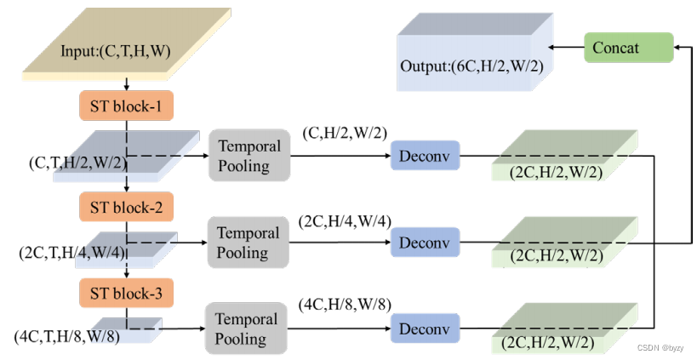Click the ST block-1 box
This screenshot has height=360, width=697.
126,106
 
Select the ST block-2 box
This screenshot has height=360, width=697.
126,206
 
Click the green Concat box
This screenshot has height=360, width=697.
628,48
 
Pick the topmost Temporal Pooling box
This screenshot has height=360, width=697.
249,156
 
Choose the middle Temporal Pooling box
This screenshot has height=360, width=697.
249,243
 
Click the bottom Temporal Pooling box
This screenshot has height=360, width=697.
246,329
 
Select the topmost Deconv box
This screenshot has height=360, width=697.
425,156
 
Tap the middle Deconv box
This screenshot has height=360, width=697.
425,243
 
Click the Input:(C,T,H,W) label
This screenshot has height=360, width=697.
116,52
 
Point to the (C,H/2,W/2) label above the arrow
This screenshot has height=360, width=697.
345,133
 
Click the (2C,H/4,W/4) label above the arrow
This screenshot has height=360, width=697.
345,220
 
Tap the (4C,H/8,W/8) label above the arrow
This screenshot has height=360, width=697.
345,304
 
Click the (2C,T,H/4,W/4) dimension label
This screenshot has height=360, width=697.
71,253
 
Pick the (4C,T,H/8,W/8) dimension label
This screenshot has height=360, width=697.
67,336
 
